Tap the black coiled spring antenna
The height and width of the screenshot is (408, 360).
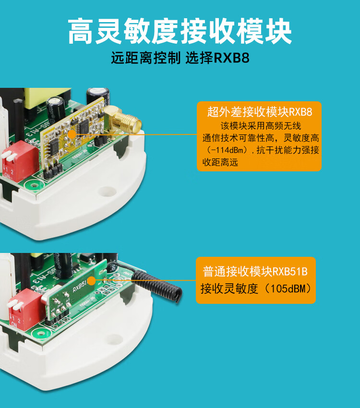[157, 286]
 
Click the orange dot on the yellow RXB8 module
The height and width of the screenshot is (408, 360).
[72, 134]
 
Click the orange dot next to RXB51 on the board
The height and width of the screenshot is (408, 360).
[91, 281]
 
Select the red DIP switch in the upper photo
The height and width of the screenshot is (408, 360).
[18, 160]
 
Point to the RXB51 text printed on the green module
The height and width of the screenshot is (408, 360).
[79, 286]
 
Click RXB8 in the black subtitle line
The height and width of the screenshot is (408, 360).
[232, 58]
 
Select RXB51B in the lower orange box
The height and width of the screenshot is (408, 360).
[290, 271]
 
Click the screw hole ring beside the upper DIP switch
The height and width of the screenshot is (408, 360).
[34, 186]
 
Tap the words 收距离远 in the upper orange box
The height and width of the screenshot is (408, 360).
[220, 162]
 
